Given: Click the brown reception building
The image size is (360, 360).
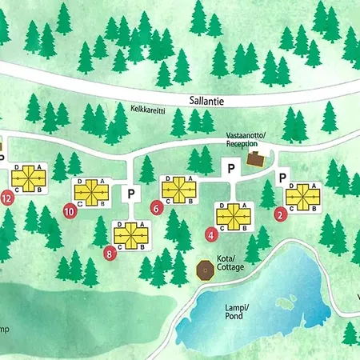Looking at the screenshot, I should tap(257, 159).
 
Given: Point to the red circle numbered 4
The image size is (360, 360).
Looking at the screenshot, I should tap(210, 235).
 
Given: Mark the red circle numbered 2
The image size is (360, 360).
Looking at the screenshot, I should tap(280, 214).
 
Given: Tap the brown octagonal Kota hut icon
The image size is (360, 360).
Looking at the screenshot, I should tap(205, 271).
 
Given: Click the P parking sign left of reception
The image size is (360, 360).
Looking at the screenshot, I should tap(230, 169).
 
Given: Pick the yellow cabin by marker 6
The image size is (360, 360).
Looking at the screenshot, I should tap(179, 188).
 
